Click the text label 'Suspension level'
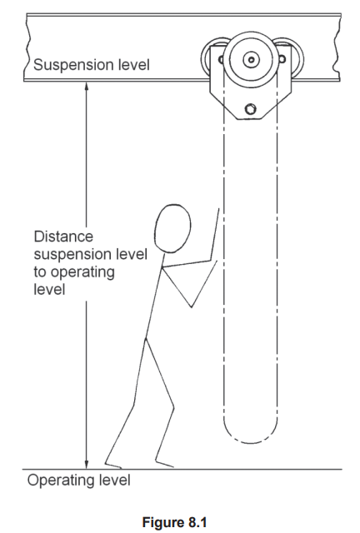[x=92, y=65]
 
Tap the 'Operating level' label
[x=78, y=481]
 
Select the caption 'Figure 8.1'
[x=174, y=522]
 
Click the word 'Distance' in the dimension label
[x=63, y=237]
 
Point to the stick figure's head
[x=172, y=229]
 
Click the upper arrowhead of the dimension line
[x=87, y=86]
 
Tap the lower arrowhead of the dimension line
[x=87, y=465]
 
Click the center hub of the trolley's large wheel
[x=251, y=60]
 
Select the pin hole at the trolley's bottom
[x=251, y=109]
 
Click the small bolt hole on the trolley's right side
[x=282, y=59]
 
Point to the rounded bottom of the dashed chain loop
[x=251, y=439]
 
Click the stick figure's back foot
[x=113, y=465]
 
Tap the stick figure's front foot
[x=164, y=464]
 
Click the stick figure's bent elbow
[x=191, y=307]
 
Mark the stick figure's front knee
[x=173, y=406]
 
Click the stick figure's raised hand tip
[x=218, y=210]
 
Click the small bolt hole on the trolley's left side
[x=221, y=60]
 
